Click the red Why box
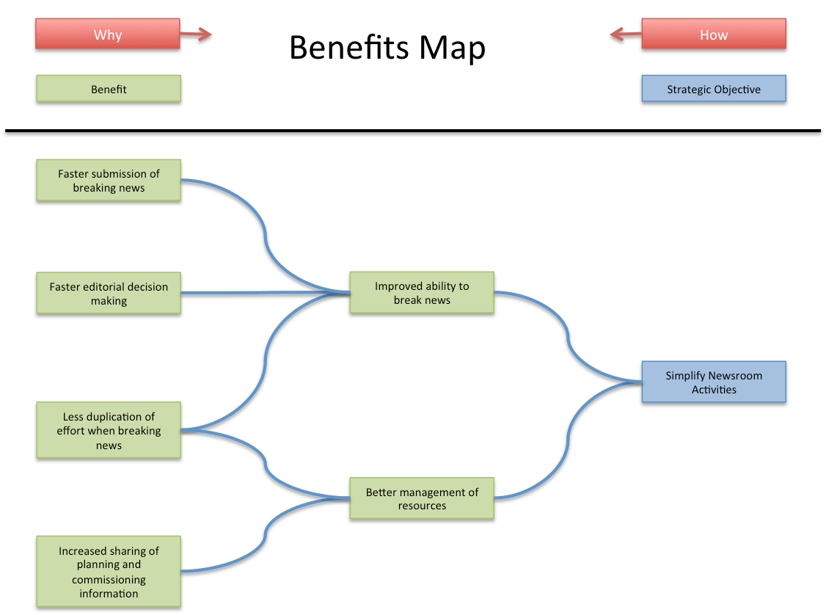107,35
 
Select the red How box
713,35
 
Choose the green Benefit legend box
108,90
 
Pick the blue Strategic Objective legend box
713,90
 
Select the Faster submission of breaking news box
108,181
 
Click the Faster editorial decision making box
108,294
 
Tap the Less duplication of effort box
108,431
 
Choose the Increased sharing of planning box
108,572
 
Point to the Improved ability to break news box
422,293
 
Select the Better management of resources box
422,499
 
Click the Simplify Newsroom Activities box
713,382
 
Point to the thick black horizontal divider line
412,133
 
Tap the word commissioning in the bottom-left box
109,579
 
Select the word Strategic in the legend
690,90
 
